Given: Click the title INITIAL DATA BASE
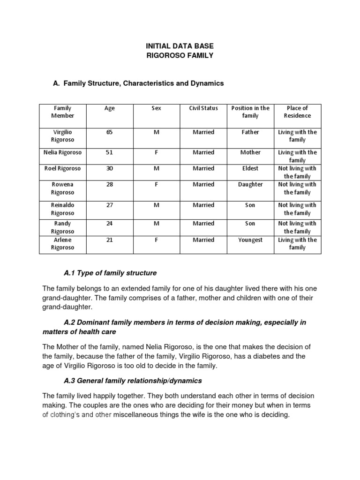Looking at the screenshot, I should click(180, 46).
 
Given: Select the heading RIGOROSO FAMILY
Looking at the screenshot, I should click(180, 56).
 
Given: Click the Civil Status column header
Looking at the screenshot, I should click(203, 108).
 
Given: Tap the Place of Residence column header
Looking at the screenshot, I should click(297, 112).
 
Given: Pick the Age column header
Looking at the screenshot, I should click(110, 108).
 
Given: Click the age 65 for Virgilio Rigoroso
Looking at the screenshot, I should click(110, 132).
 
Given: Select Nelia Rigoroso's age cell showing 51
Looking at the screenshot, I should click(110, 152).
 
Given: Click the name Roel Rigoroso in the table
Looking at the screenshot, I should click(63, 168).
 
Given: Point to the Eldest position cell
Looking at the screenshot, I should click(250, 168).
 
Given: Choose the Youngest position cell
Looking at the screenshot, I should click(250, 240).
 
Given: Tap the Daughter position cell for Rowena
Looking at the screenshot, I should click(250, 184).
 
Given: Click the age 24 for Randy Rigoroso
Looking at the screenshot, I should click(110, 224).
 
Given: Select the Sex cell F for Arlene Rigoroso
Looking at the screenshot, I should click(157, 240).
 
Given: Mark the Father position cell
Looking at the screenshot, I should click(250, 132).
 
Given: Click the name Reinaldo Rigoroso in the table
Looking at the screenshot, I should click(63, 209).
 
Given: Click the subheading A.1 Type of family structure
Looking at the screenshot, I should click(110, 273).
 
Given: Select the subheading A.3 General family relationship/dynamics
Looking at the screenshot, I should click(133, 380).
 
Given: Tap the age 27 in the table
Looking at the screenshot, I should click(110, 205).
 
